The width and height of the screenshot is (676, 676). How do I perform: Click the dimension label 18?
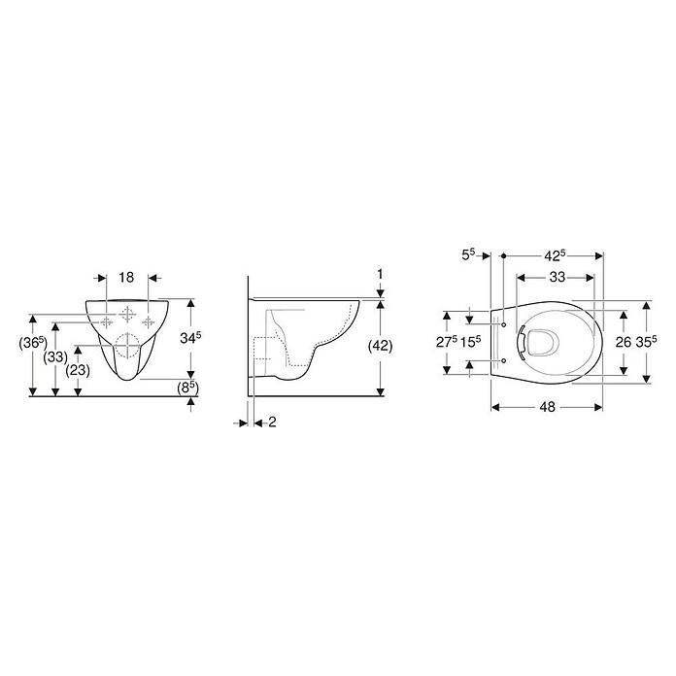pos(126,277)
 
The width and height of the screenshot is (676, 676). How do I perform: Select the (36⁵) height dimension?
pos(33,344)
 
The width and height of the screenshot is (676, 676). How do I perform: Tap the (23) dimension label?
pos(78,370)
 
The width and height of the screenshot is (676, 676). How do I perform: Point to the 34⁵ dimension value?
pos(190,338)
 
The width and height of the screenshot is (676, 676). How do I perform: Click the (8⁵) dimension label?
pos(188,388)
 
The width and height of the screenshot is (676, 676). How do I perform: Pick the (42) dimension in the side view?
pos(381,346)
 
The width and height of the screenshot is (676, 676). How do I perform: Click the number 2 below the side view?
pos(272,422)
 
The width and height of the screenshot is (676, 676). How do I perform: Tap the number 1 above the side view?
pos(380,274)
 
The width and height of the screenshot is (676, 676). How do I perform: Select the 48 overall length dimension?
pos(548,407)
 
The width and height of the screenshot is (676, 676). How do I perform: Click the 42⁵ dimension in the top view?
pos(554,255)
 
